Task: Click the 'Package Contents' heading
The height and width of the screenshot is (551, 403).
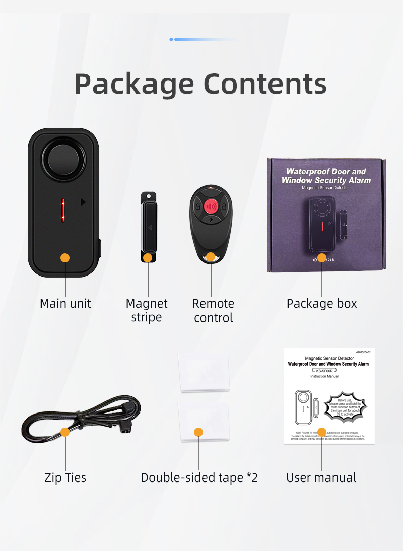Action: click(x=200, y=84)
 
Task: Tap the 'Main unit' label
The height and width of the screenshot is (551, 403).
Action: click(x=65, y=303)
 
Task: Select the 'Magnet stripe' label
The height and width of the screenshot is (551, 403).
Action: click(x=147, y=310)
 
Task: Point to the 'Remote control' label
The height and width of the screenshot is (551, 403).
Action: click(x=213, y=310)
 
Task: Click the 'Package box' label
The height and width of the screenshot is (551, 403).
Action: click(x=321, y=303)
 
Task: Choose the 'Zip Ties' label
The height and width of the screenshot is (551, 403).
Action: click(x=65, y=477)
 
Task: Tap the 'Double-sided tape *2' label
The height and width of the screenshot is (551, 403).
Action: click(x=199, y=477)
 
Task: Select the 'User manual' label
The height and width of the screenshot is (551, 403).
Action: click(x=321, y=477)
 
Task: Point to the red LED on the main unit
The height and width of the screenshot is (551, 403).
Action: click(x=63, y=210)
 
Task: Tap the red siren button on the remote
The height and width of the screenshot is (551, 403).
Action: click(x=211, y=206)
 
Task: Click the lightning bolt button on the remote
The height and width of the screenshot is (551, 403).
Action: click(x=211, y=219)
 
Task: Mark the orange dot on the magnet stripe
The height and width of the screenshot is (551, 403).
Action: click(x=148, y=258)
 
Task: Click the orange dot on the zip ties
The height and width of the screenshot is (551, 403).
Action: click(x=65, y=432)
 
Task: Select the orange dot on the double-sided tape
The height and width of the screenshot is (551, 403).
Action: click(x=198, y=432)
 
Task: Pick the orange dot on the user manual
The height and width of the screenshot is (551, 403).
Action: click(x=322, y=432)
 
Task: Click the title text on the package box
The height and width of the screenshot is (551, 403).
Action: click(x=326, y=176)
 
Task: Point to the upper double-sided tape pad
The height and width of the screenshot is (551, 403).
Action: click(x=204, y=373)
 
